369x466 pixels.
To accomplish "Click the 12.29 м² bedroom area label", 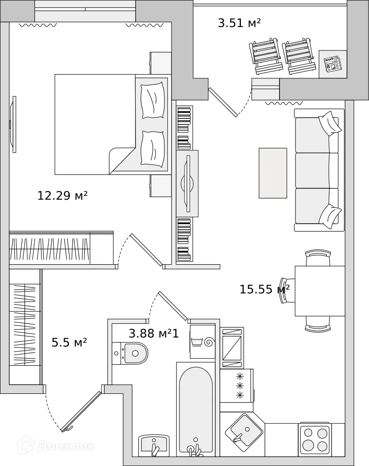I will (x=62, y=196).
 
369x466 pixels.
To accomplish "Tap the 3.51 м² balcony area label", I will (x=239, y=23).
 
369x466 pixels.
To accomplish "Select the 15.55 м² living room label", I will (x=264, y=289).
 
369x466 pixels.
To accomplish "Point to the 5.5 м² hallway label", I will (x=69, y=343).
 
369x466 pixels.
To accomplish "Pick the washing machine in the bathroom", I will (x=203, y=343).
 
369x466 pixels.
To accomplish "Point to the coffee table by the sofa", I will (x=273, y=173).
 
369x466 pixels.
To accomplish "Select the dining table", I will (x=320, y=290).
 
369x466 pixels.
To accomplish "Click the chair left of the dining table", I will (x=286, y=290).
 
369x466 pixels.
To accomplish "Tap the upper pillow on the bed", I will (x=153, y=100).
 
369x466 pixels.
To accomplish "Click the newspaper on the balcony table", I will (x=333, y=64).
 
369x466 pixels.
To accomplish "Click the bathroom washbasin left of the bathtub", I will (x=154, y=446).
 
